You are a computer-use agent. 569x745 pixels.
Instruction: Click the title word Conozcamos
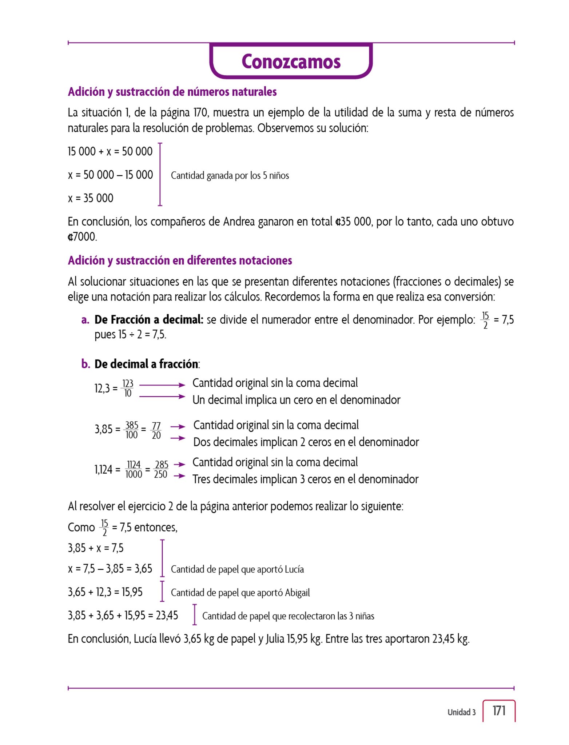click(x=291, y=61)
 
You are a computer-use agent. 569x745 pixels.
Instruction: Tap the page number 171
click(x=499, y=710)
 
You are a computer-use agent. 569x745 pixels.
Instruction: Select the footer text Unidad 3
click(x=461, y=712)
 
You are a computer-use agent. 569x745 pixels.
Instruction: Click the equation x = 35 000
click(x=91, y=198)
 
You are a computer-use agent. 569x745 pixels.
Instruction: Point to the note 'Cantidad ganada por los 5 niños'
click(x=230, y=176)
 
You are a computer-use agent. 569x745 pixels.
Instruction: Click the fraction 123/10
click(x=128, y=389)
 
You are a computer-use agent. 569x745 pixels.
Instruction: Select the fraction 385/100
click(x=131, y=430)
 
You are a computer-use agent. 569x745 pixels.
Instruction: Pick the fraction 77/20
click(x=156, y=430)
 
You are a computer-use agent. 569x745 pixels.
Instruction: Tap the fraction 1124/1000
click(x=134, y=470)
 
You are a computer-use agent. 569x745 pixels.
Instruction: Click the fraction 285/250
click(x=161, y=470)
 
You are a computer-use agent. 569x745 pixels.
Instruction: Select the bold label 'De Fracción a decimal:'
click(x=149, y=320)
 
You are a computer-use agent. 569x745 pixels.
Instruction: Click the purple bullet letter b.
click(x=85, y=364)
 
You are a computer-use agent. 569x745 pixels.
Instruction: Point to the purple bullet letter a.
click(x=85, y=320)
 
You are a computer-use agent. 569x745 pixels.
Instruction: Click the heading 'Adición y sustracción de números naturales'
click(x=172, y=92)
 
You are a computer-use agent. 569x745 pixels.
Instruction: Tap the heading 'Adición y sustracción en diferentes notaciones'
click(x=180, y=260)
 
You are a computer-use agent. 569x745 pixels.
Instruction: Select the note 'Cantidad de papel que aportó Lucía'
click(x=237, y=569)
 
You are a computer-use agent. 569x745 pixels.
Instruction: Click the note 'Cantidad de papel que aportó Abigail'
click(x=240, y=593)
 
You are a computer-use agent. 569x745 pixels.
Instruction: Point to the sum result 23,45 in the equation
click(x=167, y=615)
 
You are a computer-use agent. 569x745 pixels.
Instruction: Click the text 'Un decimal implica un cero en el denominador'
click(x=296, y=400)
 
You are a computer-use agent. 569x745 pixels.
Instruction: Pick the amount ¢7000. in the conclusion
click(x=83, y=237)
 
